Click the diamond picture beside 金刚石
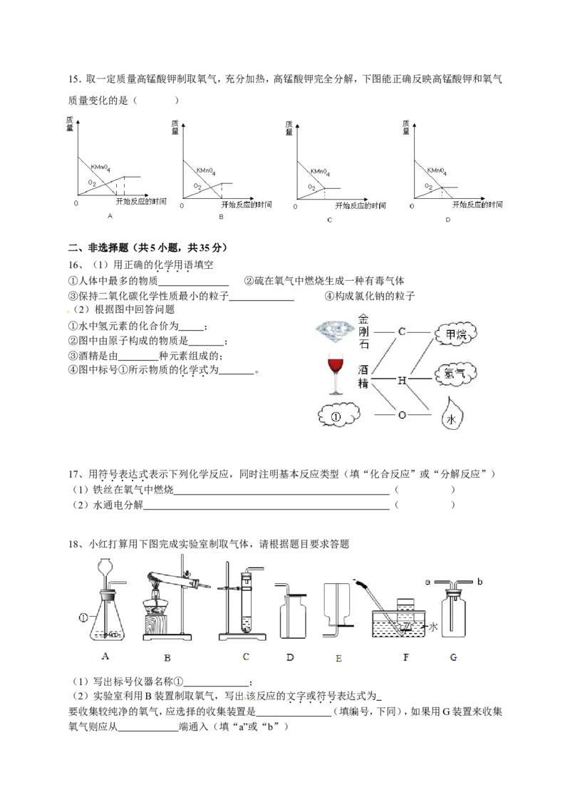(x=336, y=331)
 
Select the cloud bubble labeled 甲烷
(x=455, y=334)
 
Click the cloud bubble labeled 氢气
(x=455, y=373)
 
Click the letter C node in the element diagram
(x=402, y=332)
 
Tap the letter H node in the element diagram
(x=402, y=381)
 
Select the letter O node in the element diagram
(x=402, y=415)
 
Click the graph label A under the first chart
(x=110, y=216)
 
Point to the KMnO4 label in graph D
(x=437, y=171)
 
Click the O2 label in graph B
(x=197, y=186)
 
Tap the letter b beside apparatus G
(x=480, y=582)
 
